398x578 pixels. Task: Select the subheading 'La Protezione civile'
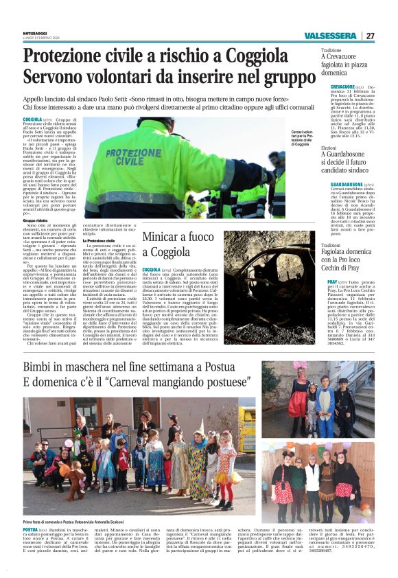point(98,240)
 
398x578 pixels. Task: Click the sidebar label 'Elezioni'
point(329,148)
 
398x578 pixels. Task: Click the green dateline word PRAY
point(333,282)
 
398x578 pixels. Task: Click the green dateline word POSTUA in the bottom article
point(30,530)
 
